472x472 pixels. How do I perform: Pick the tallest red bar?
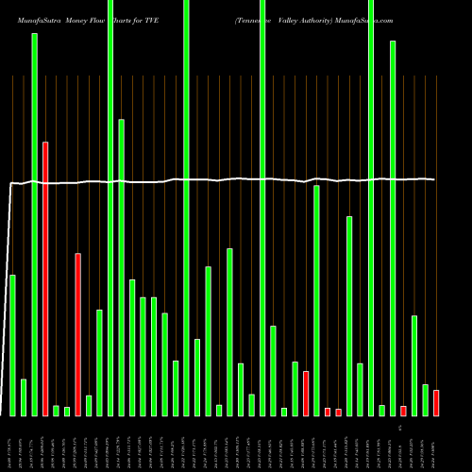click(44, 278)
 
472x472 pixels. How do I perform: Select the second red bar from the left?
click(77, 334)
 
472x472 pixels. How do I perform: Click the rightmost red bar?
click(436, 403)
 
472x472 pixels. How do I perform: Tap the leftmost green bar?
click(12, 345)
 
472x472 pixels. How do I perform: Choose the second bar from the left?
click(24, 397)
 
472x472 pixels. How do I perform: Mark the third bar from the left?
click(34, 224)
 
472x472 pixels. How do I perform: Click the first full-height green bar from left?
click(110, 208)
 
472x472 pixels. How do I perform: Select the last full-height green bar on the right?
click(371, 208)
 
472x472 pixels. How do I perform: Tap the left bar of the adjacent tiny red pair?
click(328, 412)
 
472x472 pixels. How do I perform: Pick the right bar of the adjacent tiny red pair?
click(338, 412)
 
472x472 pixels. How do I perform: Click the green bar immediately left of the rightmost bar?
click(426, 400)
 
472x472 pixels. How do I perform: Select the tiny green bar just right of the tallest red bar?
click(56, 411)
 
